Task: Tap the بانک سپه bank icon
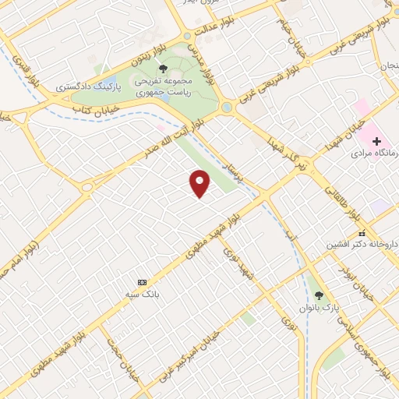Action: pyautogui.click(x=141, y=281)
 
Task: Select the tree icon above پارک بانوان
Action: pyautogui.click(x=318, y=295)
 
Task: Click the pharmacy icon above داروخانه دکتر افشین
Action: pyautogui.click(x=361, y=233)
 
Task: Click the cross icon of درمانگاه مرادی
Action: pyautogui.click(x=377, y=142)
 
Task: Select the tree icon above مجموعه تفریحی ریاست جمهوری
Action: pyautogui.click(x=162, y=69)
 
